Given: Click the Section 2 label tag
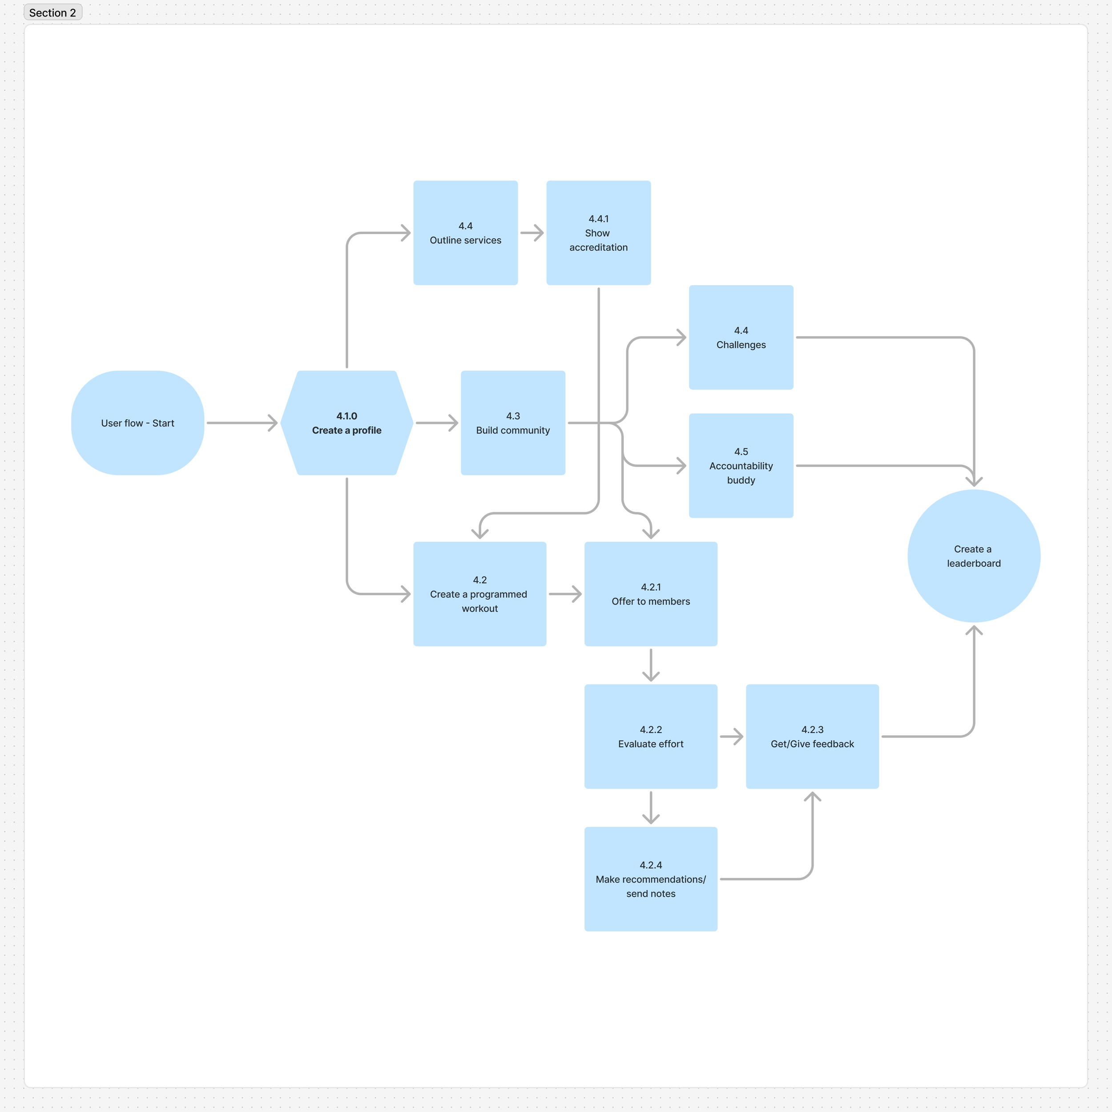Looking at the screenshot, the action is click(x=52, y=12).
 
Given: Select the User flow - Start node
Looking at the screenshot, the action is click(x=137, y=423).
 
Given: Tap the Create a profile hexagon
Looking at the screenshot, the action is click(x=346, y=423).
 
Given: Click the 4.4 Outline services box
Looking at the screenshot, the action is click(x=466, y=233).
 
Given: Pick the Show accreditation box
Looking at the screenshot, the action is click(x=599, y=233).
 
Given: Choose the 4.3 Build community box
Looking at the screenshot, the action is click(x=513, y=423).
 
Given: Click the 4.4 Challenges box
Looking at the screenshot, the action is click(x=741, y=337).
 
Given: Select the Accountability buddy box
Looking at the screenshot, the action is click(x=741, y=466).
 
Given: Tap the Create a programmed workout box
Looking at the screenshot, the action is click(x=479, y=594).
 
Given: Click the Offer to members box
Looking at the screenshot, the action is click(x=651, y=594).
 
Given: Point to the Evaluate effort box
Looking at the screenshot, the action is click(x=651, y=737).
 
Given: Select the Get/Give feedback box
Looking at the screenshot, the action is click(x=813, y=737).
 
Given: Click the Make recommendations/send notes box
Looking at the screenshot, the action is click(x=651, y=879).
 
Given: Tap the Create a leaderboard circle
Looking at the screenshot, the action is click(x=974, y=556).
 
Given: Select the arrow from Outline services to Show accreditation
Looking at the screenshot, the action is click(x=532, y=233).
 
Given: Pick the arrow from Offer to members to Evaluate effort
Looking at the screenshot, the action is click(x=651, y=665).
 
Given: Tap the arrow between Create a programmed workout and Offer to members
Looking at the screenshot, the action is click(x=566, y=594).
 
